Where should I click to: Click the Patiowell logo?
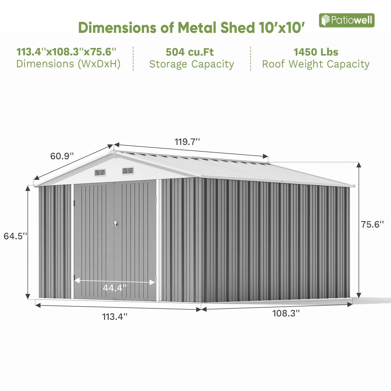point(346,20)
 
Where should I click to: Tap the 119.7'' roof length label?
point(187,142)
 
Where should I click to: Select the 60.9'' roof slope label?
point(62,156)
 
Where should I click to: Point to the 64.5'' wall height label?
point(15,236)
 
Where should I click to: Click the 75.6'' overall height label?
point(372,224)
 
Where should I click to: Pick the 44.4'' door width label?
point(115,288)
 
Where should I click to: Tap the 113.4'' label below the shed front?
point(115,317)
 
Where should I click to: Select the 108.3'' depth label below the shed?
point(286,313)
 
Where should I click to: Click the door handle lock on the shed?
point(115,223)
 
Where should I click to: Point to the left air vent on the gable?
point(100,172)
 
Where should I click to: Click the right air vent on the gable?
point(128,171)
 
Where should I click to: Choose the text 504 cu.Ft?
point(190,52)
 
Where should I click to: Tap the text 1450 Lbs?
point(316,52)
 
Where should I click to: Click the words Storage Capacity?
point(192,64)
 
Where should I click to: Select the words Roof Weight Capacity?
point(316,64)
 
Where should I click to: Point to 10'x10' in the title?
point(282,28)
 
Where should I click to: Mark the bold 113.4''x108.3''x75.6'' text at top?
point(66,52)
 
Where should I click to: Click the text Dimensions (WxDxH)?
point(68,64)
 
